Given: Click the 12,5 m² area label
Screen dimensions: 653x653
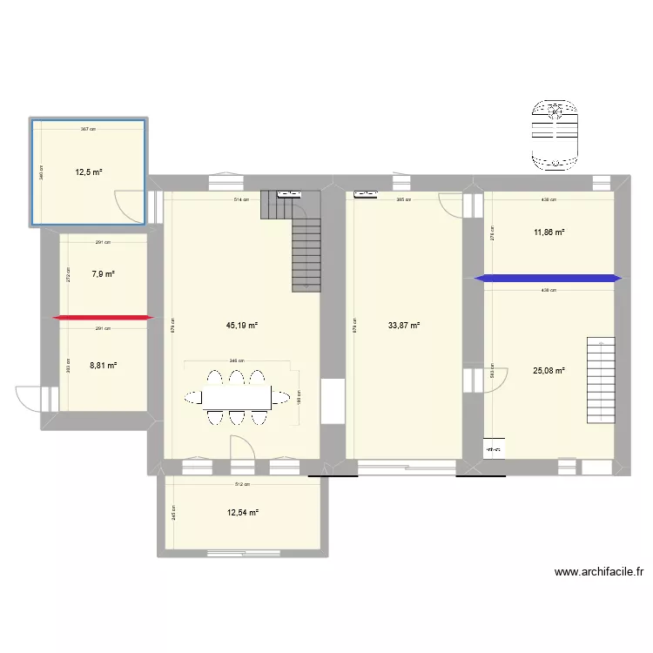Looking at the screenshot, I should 89,172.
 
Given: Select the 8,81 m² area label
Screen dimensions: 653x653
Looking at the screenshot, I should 104,367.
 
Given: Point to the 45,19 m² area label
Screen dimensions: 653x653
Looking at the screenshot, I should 242,326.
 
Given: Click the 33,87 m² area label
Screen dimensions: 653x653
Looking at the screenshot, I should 404,326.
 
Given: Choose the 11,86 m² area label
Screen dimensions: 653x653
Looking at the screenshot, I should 549,232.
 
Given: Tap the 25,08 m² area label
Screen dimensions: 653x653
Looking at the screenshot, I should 549,370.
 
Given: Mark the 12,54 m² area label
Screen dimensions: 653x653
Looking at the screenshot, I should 242,513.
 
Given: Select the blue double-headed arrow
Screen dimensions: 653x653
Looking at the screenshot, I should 549,279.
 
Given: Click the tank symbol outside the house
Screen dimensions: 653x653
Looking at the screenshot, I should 555,134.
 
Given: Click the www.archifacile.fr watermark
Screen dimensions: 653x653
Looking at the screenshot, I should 599,573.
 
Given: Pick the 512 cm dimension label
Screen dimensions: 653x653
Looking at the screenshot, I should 241,485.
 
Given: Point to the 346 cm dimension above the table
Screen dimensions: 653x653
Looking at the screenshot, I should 236,360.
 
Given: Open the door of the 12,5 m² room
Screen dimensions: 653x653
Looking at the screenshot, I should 131,205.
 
